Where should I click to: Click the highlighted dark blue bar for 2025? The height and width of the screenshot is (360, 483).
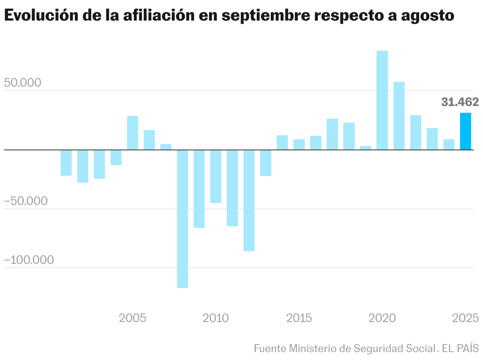click(x=465, y=131)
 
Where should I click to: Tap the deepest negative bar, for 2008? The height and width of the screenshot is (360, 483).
click(x=183, y=219)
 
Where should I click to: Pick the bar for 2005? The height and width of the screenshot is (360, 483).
click(x=133, y=133)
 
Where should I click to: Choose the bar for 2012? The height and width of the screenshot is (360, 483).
click(x=249, y=201)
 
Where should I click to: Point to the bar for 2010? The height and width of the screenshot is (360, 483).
click(x=216, y=176)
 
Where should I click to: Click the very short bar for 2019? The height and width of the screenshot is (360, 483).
click(x=365, y=148)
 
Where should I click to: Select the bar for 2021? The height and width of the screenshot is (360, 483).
click(x=399, y=116)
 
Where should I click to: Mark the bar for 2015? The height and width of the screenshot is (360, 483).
click(x=299, y=144)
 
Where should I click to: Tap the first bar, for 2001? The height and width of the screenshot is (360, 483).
click(x=66, y=163)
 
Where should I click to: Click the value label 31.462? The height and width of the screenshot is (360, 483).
click(x=460, y=102)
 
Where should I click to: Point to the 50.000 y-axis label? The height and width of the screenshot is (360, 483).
click(x=23, y=83)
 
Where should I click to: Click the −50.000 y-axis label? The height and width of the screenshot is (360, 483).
click(x=26, y=201)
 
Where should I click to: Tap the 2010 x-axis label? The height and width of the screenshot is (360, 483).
click(x=216, y=318)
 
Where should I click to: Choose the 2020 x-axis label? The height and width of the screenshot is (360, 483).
click(x=382, y=318)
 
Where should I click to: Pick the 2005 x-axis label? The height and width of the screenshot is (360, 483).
click(x=133, y=318)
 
